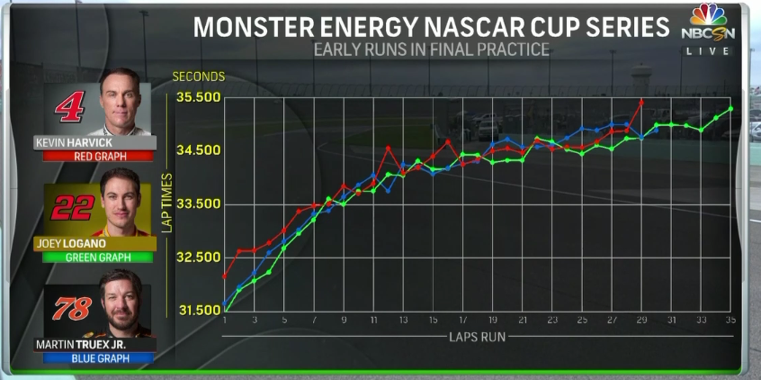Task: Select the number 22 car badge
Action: (72, 208)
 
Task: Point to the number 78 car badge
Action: (72, 310)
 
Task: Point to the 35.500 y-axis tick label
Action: (197, 97)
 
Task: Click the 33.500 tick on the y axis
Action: (197, 204)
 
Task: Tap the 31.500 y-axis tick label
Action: (197, 311)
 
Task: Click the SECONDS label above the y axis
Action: (198, 77)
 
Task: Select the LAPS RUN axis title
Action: (477, 337)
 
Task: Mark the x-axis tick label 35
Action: (730, 321)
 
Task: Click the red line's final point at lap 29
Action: (641, 101)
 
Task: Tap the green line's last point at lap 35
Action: (730, 108)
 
